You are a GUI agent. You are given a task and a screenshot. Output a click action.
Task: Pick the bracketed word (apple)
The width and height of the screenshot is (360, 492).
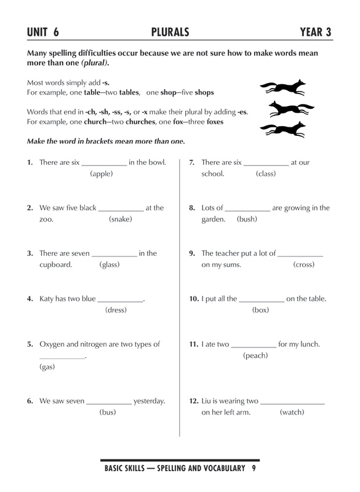click(x=102, y=174)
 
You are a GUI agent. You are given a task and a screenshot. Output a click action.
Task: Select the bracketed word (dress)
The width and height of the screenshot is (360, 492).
click(x=116, y=311)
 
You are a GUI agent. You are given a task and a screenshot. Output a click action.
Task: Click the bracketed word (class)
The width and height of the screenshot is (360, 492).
click(x=266, y=174)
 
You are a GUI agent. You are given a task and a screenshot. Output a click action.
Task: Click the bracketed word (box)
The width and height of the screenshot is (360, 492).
click(x=261, y=311)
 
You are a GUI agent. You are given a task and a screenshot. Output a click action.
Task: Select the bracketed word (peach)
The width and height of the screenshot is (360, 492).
click(x=255, y=355)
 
